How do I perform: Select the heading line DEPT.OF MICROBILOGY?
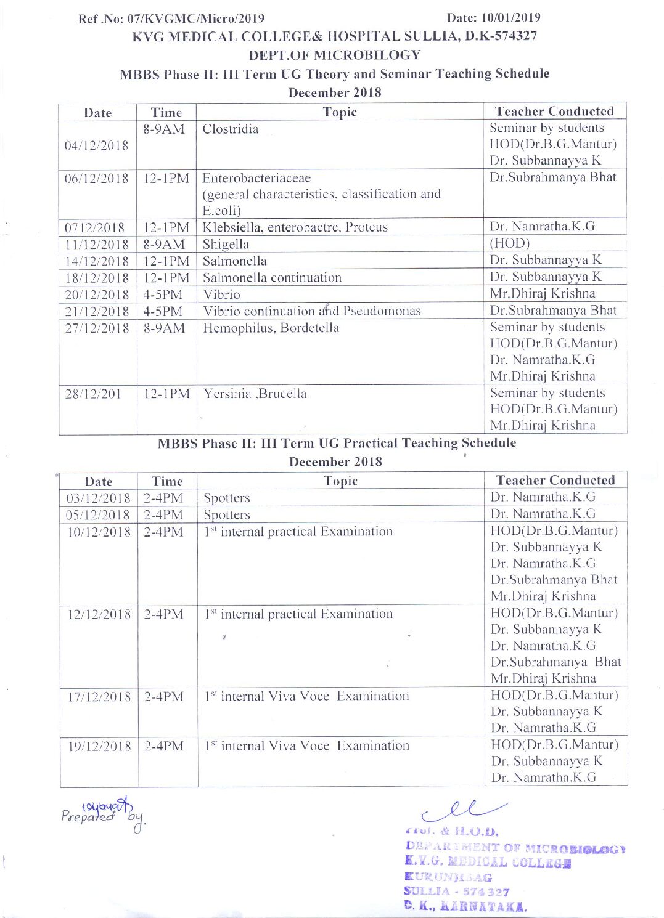click(x=334, y=55)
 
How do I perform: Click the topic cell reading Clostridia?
click(x=231, y=129)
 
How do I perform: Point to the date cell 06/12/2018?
click(x=97, y=179)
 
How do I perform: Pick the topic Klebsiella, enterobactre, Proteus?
click(x=295, y=227)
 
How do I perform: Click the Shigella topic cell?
click(x=226, y=245)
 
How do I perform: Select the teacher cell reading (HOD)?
click(x=510, y=243)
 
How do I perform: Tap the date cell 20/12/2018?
click(x=97, y=294)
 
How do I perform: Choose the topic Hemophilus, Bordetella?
click(x=271, y=328)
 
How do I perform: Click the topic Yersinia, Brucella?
click(x=255, y=394)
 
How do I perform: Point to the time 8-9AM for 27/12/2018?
click(x=164, y=328)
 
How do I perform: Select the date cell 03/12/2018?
click(x=99, y=498)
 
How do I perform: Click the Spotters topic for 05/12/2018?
click(x=227, y=515)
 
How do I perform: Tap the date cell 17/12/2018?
click(x=99, y=697)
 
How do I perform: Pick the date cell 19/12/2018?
click(x=99, y=746)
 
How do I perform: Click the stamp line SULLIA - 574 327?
click(x=457, y=892)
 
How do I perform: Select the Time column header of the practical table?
click(x=167, y=481)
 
